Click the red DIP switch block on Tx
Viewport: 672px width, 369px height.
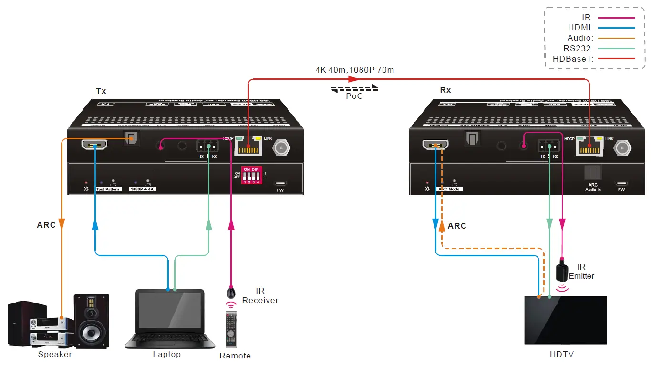(x=252, y=176)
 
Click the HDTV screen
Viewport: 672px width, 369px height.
(x=565, y=319)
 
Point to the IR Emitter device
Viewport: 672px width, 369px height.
(x=562, y=270)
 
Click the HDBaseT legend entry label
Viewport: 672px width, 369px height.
(x=572, y=58)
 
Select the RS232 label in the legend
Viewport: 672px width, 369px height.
(x=578, y=48)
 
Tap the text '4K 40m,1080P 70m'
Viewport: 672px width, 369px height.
(x=354, y=70)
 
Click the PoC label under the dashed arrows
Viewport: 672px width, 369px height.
(x=354, y=96)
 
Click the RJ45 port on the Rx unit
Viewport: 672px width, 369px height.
(x=589, y=147)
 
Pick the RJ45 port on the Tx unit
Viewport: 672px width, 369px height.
(x=248, y=147)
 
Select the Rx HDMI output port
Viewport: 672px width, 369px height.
(x=435, y=145)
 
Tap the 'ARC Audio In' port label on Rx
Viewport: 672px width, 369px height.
(x=593, y=187)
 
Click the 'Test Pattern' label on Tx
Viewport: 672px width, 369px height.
(x=108, y=189)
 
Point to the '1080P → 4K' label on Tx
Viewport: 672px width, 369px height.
(x=143, y=189)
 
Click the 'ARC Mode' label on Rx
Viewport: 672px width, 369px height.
(x=448, y=189)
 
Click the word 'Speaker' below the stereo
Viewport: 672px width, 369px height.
(x=55, y=354)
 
